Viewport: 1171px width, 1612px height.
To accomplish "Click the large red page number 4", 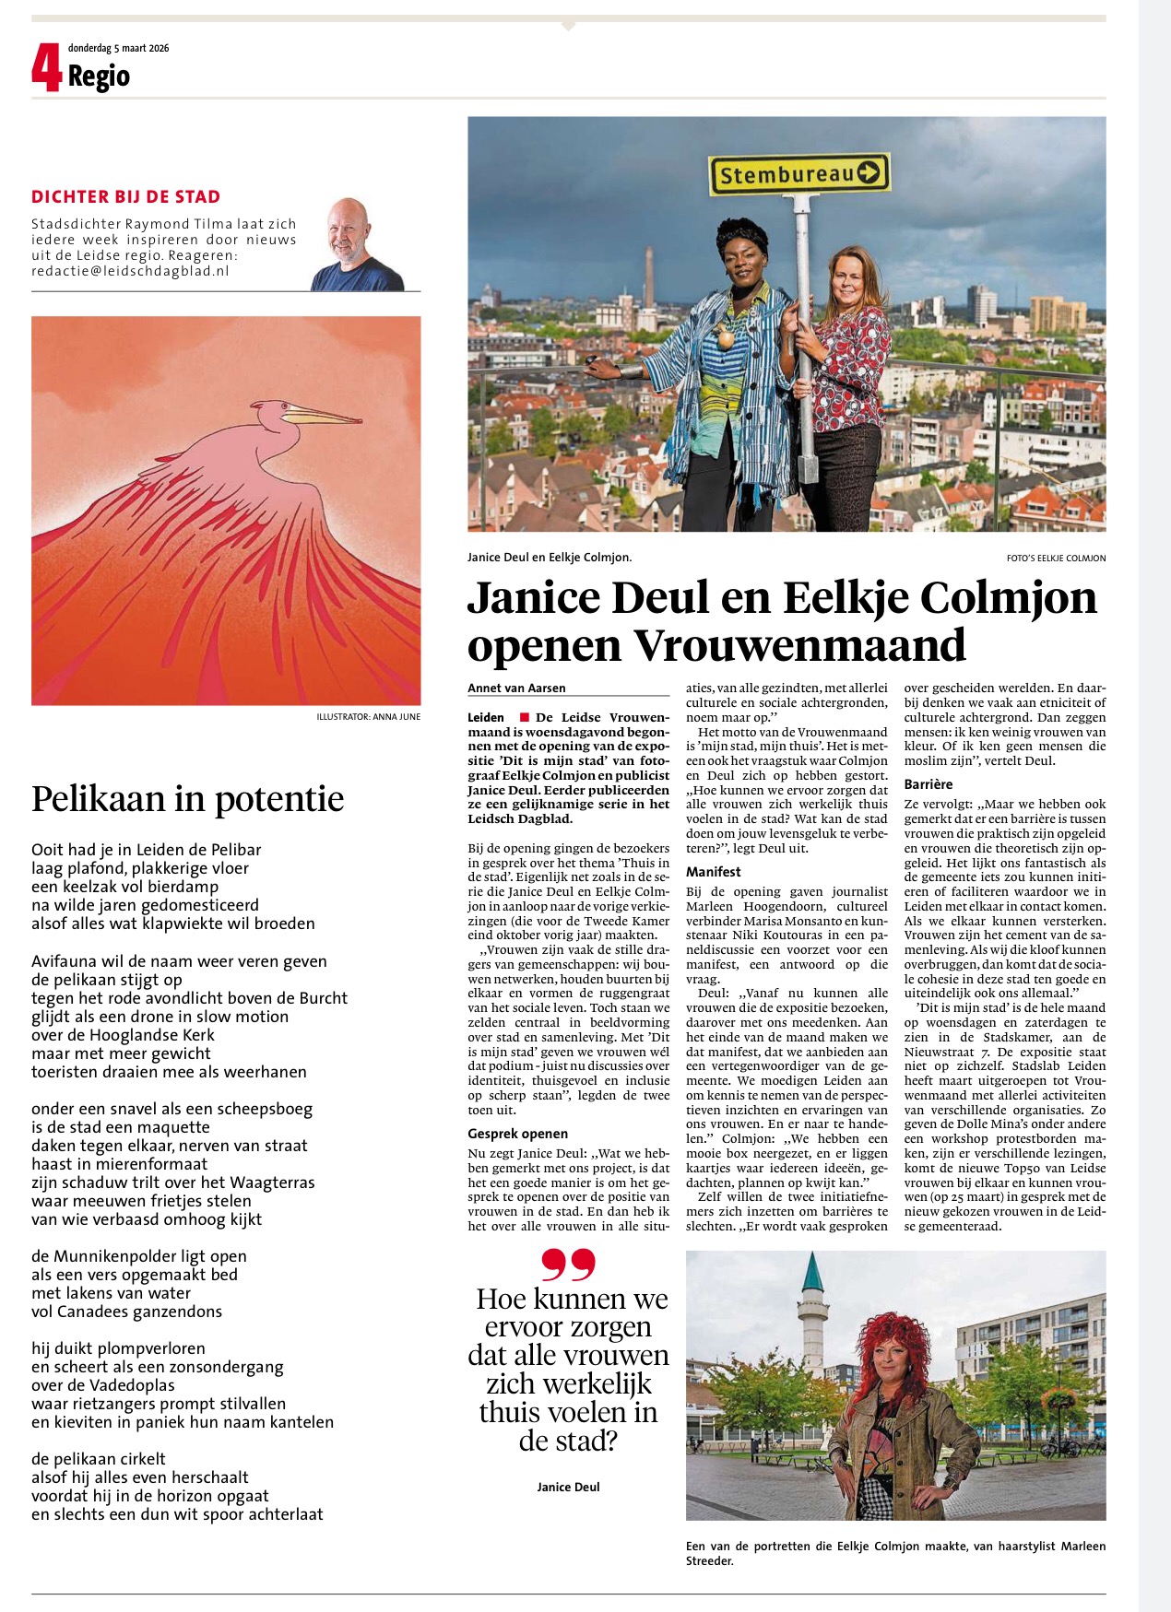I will [46, 68].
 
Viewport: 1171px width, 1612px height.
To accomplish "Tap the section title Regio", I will [99, 76].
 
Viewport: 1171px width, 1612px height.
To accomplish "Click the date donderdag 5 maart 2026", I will [118, 48].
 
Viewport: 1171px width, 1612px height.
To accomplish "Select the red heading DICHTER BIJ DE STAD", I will [125, 196].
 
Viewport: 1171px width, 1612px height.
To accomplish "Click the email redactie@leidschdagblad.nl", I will [130, 271].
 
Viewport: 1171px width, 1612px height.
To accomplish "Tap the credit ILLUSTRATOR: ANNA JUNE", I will [368, 717].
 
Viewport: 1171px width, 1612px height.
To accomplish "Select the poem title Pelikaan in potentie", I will [187, 798].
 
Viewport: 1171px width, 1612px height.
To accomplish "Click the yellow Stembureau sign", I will [798, 174].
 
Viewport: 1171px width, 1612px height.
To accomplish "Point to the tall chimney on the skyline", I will [649, 277].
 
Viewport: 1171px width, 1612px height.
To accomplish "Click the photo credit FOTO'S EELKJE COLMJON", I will [1056, 559].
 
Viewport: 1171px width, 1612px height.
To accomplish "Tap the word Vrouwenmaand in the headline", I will [798, 645].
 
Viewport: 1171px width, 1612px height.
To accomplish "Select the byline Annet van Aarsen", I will [516, 688].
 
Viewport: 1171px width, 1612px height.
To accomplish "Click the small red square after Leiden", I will [525, 717].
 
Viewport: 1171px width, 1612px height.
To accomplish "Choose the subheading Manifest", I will [713, 872].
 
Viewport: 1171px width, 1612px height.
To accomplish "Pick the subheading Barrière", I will [929, 784].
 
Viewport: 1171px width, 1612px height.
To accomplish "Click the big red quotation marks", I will [568, 1265].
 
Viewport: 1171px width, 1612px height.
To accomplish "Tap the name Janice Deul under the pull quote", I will [568, 1487].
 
